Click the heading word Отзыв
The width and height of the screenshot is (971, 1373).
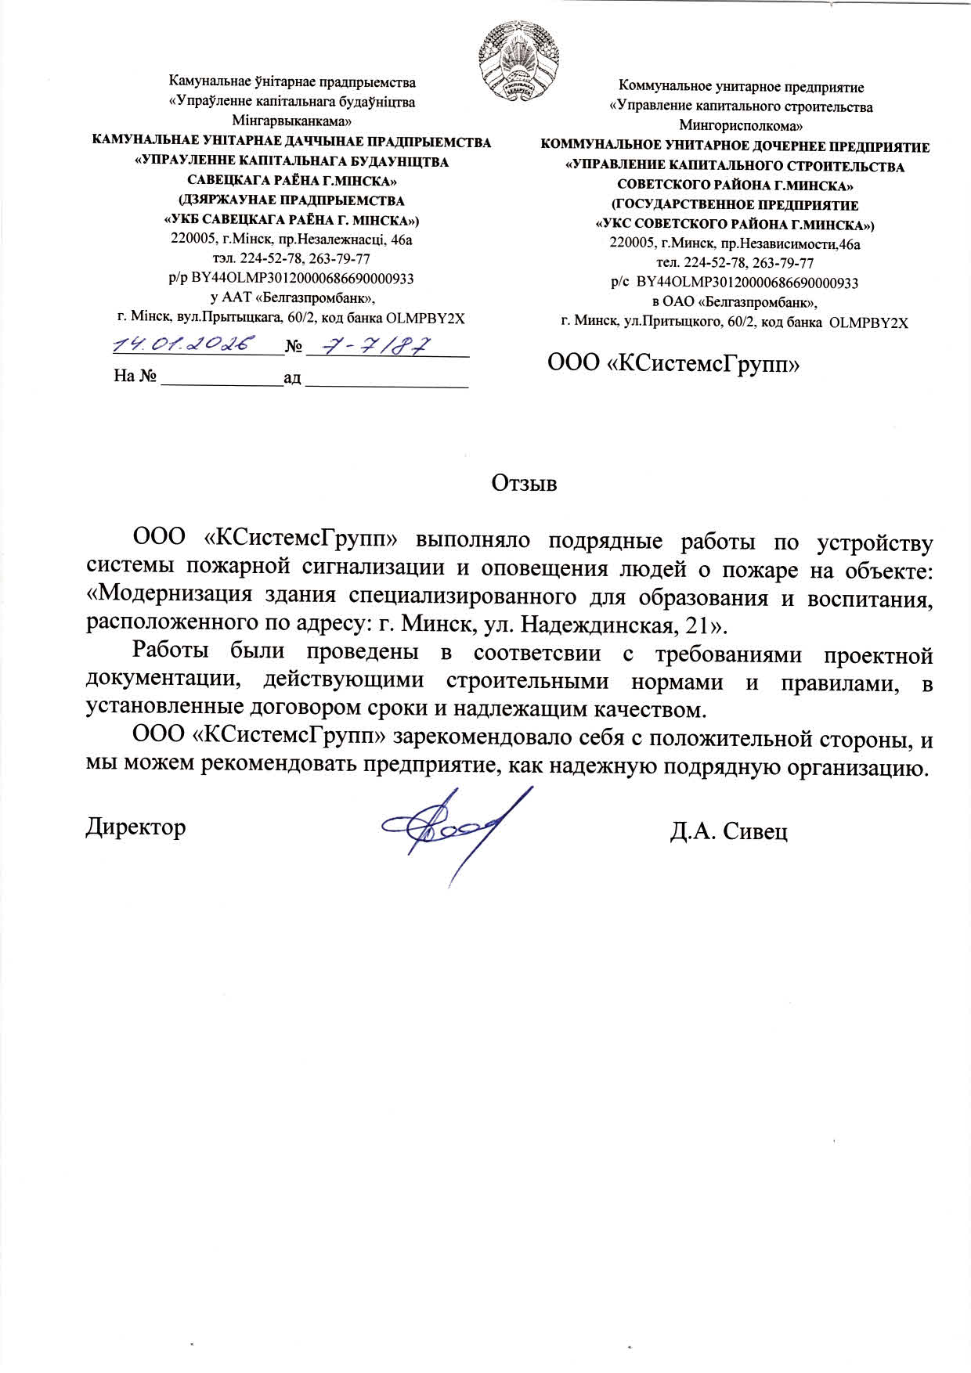point(524,483)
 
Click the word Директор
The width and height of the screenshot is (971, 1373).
point(135,827)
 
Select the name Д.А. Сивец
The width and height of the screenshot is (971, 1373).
point(728,831)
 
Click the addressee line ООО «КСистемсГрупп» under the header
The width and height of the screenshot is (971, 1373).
point(673,363)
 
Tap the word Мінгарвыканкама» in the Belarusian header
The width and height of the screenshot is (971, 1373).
point(292,121)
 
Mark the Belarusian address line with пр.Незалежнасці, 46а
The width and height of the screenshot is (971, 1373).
point(291,240)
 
